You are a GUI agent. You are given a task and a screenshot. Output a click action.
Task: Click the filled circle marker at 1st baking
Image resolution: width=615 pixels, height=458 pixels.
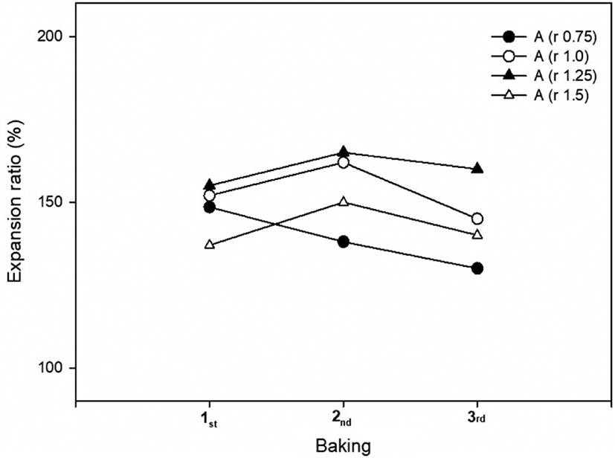[210, 207]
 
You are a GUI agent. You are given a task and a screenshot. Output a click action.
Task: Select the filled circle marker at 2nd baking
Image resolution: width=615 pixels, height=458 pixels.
[343, 242]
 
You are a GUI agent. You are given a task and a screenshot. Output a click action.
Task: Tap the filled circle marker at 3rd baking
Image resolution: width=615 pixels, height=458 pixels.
[477, 268]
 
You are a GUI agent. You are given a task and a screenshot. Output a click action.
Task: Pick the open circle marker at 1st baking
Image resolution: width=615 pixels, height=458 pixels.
[210, 196]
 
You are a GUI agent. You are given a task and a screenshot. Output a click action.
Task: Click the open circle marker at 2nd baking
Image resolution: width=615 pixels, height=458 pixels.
[343, 162]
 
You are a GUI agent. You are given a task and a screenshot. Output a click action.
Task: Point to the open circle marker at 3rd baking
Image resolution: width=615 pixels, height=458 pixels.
[477, 219]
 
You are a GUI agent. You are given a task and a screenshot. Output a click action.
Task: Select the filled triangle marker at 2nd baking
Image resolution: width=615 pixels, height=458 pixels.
[343, 152]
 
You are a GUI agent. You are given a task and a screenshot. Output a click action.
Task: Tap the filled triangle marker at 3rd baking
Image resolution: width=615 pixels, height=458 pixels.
[477, 169]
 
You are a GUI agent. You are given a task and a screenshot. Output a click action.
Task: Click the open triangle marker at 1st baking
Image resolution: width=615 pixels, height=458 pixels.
[210, 245]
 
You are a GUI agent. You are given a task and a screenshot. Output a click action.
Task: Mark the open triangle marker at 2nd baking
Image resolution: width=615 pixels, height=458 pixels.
[343, 201]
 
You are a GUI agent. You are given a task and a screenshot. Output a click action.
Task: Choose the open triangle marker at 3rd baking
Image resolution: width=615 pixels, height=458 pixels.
[477, 234]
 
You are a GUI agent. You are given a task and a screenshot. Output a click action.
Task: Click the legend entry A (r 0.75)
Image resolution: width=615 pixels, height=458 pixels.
[544, 37]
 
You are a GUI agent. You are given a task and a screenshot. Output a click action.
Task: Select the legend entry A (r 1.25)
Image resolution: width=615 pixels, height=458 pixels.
[544, 76]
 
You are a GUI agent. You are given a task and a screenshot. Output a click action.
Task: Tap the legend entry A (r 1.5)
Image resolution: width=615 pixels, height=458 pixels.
[540, 95]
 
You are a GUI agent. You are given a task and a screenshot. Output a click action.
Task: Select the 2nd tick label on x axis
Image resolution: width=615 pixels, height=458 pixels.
[343, 419]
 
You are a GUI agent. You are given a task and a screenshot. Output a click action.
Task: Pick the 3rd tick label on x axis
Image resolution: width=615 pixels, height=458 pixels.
[477, 419]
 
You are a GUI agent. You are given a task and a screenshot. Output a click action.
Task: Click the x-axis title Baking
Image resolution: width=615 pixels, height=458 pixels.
[343, 446]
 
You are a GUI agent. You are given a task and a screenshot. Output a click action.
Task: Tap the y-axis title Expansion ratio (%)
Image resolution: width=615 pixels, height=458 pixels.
[16, 201]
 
